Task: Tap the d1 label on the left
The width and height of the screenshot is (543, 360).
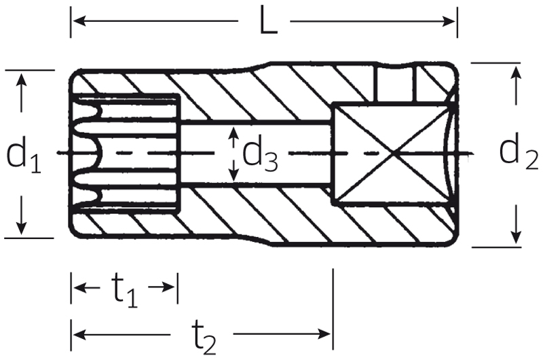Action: point(24,155)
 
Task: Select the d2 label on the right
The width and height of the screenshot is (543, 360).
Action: point(519,151)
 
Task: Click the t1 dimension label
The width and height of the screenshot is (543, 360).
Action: point(125,289)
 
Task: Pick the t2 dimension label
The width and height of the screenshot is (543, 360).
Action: point(204,336)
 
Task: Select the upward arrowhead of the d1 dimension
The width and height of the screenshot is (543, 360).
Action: point(22,79)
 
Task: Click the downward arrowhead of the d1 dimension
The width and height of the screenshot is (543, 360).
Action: point(21,228)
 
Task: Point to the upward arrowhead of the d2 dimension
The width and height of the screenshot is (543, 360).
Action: point(517,73)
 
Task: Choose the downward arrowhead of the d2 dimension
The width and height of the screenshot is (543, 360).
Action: point(516,236)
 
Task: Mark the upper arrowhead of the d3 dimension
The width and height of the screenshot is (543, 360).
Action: point(234,133)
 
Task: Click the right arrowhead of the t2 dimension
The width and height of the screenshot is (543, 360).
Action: point(324,334)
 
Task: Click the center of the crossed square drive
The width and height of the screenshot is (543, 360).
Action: point(393,153)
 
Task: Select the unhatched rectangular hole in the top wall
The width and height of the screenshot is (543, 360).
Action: point(394,84)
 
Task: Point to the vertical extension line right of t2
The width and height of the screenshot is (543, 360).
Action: point(333,310)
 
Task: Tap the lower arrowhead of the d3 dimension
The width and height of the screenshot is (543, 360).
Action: point(234,175)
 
